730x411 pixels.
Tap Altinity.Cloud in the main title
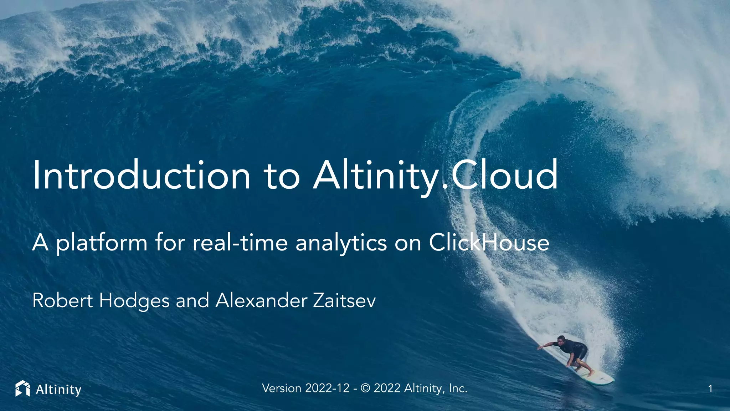pyautogui.click(x=435, y=176)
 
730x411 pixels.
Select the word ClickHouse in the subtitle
pyautogui.click(x=489, y=243)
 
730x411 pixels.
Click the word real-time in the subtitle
pyautogui.click(x=240, y=243)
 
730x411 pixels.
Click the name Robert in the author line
pyautogui.click(x=63, y=300)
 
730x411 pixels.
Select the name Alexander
pyautogui.click(x=261, y=300)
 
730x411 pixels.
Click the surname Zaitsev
pyautogui.click(x=344, y=300)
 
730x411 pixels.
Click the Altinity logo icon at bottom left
pyautogui.click(x=23, y=389)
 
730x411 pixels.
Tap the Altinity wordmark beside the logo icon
pyautogui.click(x=58, y=389)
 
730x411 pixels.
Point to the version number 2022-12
pyautogui.click(x=327, y=388)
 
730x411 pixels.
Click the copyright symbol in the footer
pyautogui.click(x=365, y=388)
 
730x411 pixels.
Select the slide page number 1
pyautogui.click(x=710, y=389)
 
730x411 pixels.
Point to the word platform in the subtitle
pyautogui.click(x=102, y=243)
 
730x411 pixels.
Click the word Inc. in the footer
pyautogui.click(x=458, y=388)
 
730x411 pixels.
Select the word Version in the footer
pyautogui.click(x=282, y=388)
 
